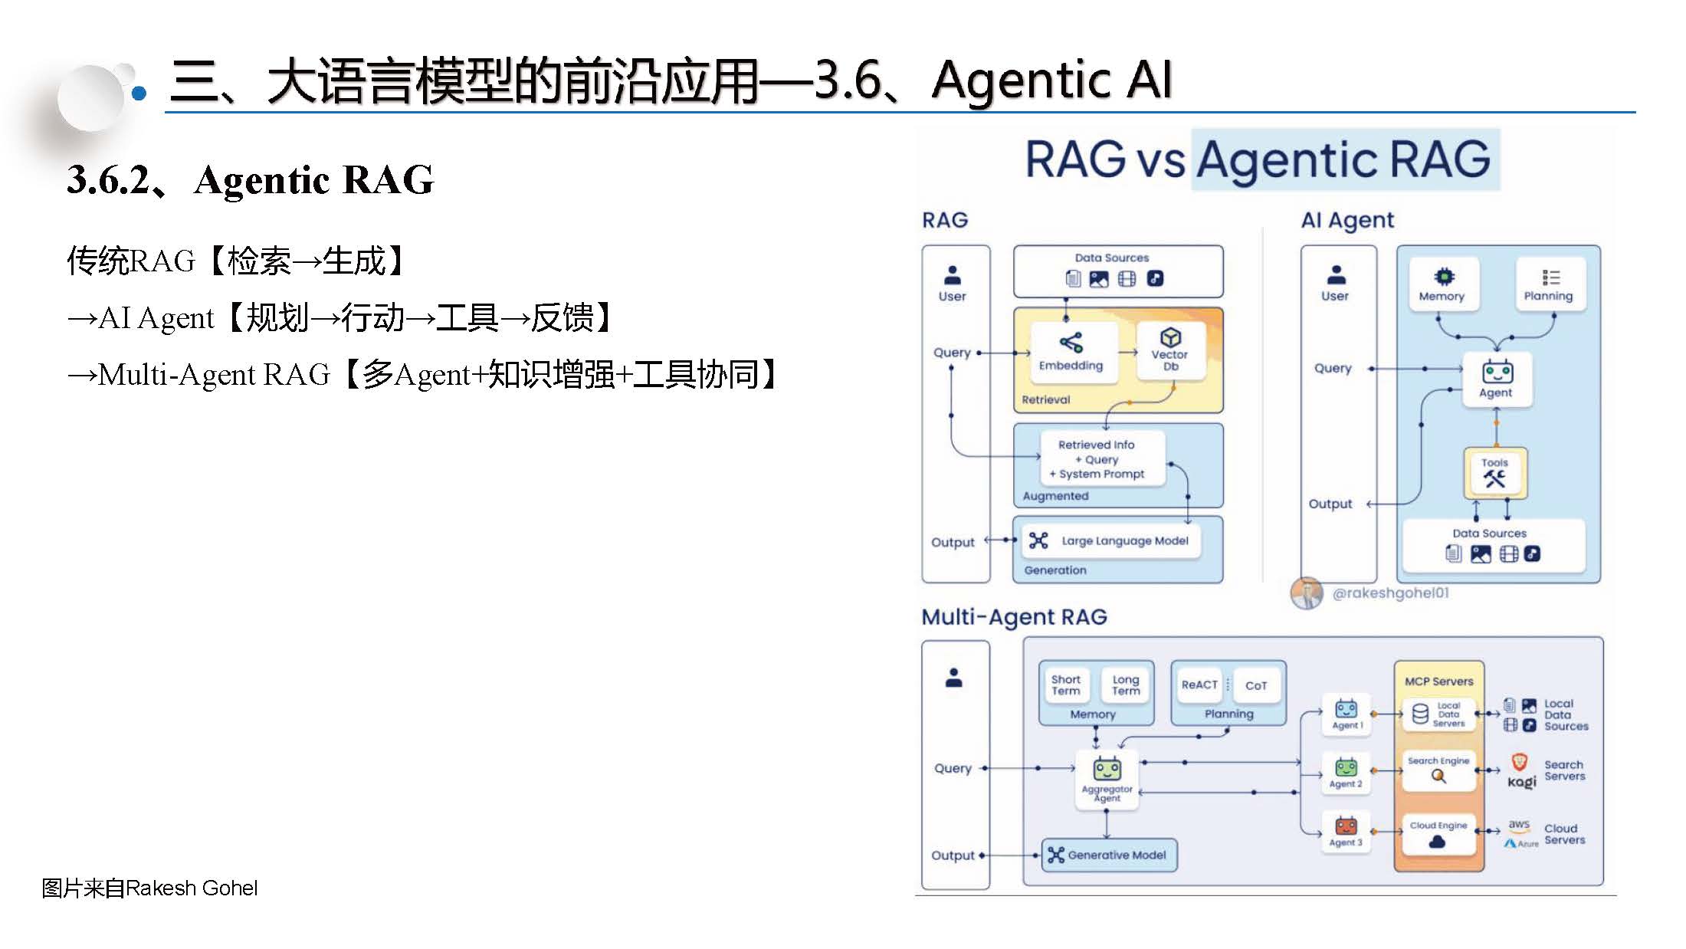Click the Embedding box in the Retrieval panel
(x=1071, y=352)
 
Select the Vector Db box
(x=1169, y=350)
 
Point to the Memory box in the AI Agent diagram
(x=1442, y=284)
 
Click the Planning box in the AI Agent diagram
(x=1548, y=284)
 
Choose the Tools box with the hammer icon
(x=1494, y=472)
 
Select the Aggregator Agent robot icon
(x=1107, y=769)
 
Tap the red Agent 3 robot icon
(x=1347, y=826)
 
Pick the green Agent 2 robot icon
(x=1347, y=767)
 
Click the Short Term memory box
(x=1066, y=685)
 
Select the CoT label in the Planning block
(x=1256, y=685)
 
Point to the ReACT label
(x=1199, y=685)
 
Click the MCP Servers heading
(x=1438, y=681)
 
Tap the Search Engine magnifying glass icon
(x=1438, y=777)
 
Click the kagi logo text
(x=1522, y=782)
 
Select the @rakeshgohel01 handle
(x=1390, y=593)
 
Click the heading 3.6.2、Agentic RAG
(x=250, y=180)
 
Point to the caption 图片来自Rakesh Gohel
(x=149, y=888)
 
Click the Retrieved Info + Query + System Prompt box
(x=1101, y=459)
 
